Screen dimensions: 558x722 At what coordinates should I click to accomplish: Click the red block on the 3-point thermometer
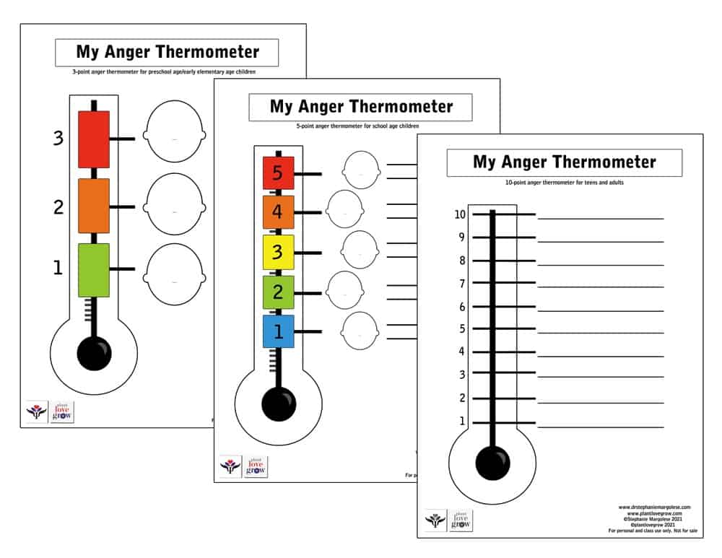(93, 139)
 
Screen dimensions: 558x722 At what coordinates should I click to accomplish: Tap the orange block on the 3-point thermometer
(93, 206)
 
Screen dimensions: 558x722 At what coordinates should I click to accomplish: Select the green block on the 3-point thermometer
(93, 270)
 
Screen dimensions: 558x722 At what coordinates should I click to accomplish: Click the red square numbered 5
(278, 173)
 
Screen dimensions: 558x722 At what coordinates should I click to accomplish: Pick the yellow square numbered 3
(278, 252)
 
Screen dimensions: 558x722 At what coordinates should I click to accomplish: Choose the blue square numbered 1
(278, 331)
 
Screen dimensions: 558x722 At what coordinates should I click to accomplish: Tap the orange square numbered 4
(278, 212)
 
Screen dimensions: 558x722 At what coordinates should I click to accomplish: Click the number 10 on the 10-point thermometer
(459, 214)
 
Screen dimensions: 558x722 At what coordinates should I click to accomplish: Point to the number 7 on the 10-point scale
(462, 284)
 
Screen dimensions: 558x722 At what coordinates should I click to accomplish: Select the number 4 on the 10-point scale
(462, 352)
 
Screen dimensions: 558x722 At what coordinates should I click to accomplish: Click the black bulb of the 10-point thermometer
(493, 461)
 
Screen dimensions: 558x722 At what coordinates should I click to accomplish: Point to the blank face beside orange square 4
(344, 209)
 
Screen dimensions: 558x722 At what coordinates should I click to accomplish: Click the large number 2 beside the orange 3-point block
(58, 207)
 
